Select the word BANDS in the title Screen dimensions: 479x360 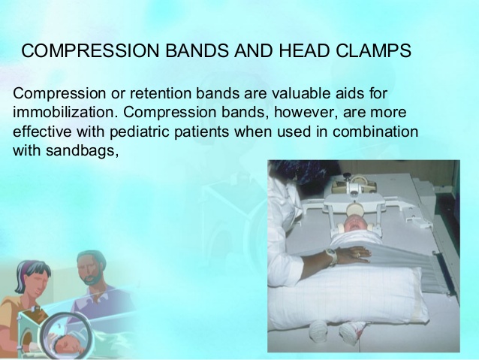197,50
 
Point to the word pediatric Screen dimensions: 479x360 138,132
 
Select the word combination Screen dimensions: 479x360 375,132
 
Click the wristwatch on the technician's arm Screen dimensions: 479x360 330,256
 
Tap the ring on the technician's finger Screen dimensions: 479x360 357,255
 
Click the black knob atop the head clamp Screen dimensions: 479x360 347,176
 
